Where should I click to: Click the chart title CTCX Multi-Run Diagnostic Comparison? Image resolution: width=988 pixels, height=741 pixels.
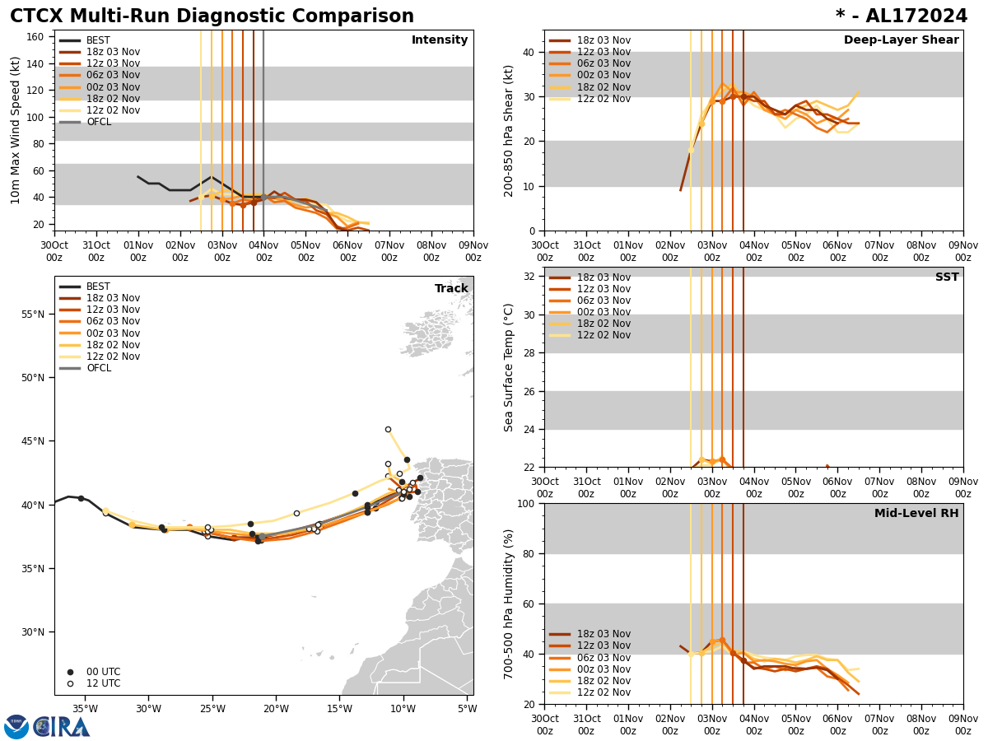pyautogui.click(x=212, y=16)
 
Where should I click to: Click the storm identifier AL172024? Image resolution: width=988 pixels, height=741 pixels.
pyautogui.click(x=902, y=16)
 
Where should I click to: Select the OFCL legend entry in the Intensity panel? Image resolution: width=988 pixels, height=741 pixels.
pyautogui.click(x=98, y=122)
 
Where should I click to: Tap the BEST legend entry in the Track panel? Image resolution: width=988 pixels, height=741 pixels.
pyautogui.click(x=98, y=287)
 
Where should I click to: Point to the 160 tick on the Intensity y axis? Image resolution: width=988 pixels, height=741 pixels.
pyautogui.click(x=35, y=37)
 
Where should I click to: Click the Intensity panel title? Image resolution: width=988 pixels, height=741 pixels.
pyautogui.click(x=440, y=40)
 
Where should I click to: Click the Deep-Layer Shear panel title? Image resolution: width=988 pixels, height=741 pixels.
pyautogui.click(x=901, y=40)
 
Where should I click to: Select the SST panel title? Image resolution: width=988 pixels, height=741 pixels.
pyautogui.click(x=947, y=277)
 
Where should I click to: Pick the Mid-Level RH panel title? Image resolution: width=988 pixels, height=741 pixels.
pyautogui.click(x=916, y=514)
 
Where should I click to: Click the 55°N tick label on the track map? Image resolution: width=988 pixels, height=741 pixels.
pyautogui.click(x=34, y=315)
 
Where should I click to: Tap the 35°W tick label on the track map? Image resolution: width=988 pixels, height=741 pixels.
pyautogui.click(x=85, y=709)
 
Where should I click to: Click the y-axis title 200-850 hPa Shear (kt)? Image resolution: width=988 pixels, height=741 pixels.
pyautogui.click(x=509, y=130)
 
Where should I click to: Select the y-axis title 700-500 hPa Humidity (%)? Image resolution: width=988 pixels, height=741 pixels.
pyautogui.click(x=509, y=604)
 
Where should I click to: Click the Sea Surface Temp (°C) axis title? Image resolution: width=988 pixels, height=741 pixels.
pyautogui.click(x=509, y=367)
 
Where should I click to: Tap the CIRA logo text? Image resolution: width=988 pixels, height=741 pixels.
pyautogui.click(x=62, y=726)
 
